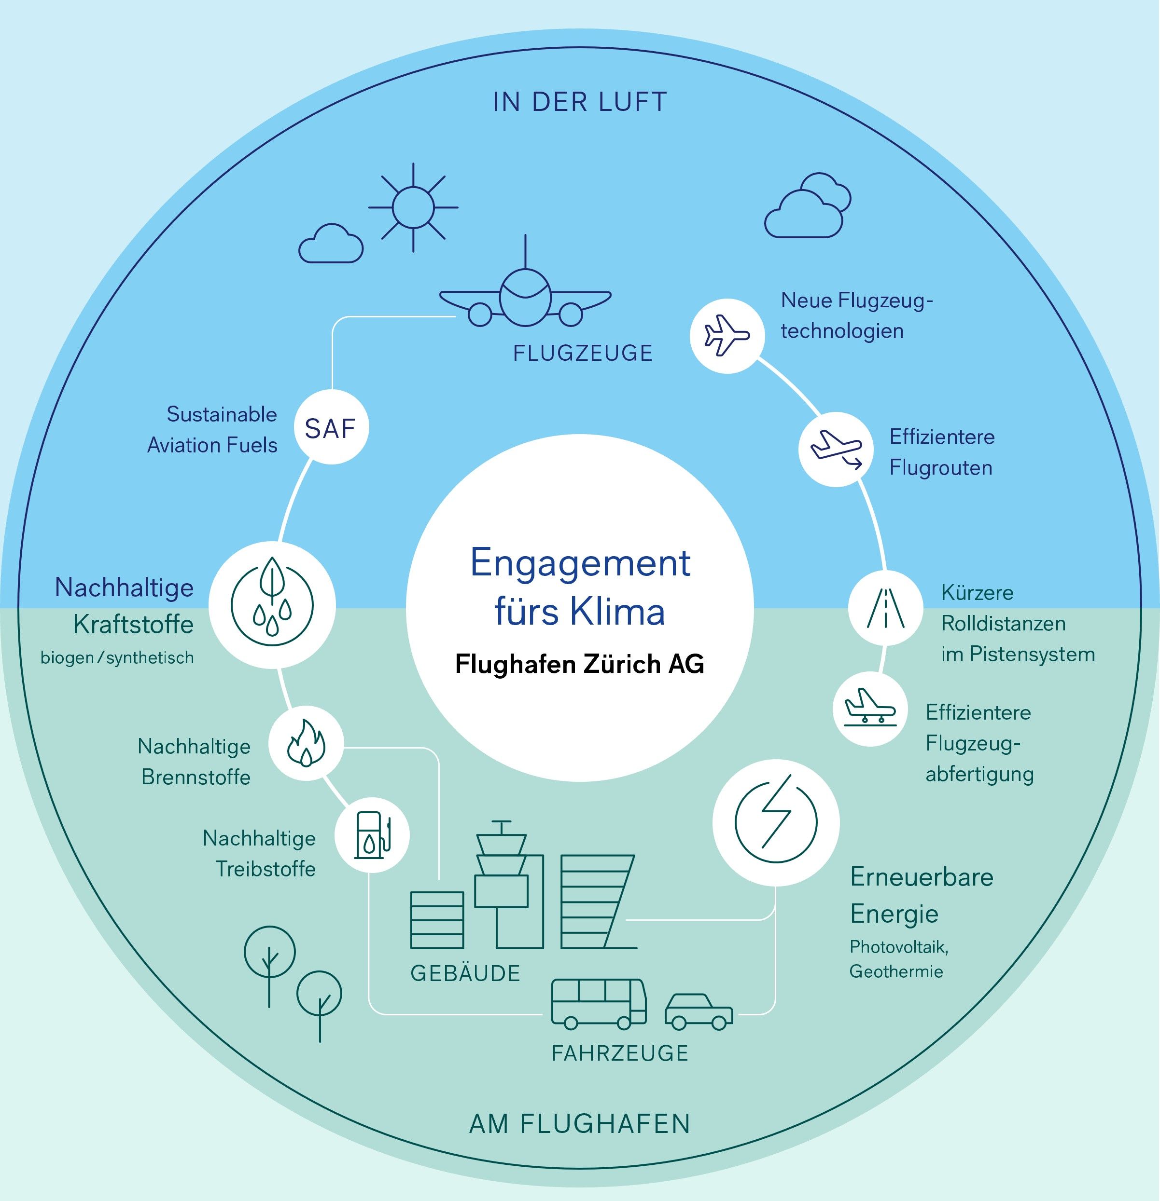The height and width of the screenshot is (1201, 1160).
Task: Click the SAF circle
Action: click(331, 428)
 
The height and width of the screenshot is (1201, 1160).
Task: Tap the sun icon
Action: click(413, 207)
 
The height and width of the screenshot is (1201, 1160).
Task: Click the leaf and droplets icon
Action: click(272, 605)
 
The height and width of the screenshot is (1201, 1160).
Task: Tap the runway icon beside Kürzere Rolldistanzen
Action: click(885, 608)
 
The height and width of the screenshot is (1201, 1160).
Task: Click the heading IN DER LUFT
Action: click(580, 102)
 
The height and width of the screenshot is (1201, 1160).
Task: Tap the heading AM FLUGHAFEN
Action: click(580, 1124)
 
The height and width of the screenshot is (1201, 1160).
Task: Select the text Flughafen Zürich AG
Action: click(580, 664)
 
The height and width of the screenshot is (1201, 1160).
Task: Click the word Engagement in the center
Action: click(580, 562)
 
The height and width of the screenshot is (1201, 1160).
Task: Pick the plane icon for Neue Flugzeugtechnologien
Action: click(727, 335)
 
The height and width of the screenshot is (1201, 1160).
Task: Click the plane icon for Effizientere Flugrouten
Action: click(836, 449)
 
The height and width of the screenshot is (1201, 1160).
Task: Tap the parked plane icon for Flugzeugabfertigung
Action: click(870, 709)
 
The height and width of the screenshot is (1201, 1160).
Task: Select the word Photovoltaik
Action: click(899, 947)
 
